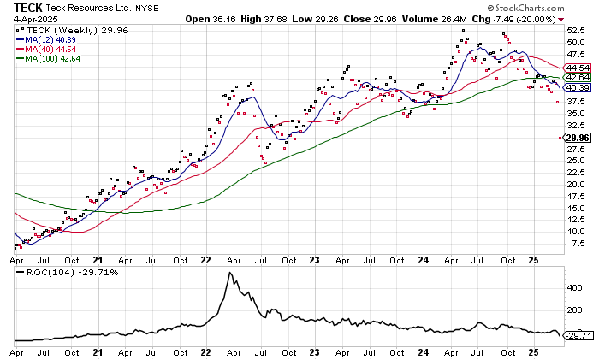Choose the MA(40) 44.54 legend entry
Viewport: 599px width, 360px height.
click(x=51, y=49)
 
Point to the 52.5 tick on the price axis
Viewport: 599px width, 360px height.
click(x=574, y=31)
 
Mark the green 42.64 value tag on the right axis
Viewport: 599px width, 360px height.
click(x=578, y=78)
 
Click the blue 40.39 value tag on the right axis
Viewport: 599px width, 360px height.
click(x=578, y=88)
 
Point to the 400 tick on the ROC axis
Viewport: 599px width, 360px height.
click(x=572, y=289)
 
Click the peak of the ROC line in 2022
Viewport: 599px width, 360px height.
click(x=229, y=273)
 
